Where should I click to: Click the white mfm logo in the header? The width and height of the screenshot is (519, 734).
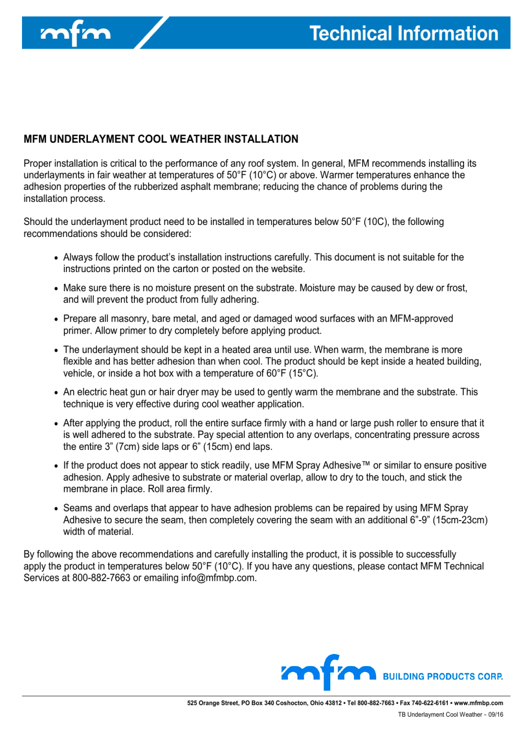click(x=76, y=33)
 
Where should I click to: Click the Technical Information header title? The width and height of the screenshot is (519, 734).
click(x=403, y=33)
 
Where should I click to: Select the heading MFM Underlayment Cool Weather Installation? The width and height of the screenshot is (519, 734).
click(x=161, y=139)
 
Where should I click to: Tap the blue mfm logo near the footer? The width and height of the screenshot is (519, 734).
click(x=329, y=672)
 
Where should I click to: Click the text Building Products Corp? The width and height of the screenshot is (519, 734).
click(x=443, y=676)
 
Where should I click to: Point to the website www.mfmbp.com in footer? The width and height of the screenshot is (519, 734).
click(x=478, y=703)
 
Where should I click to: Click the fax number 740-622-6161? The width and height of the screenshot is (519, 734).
click(x=430, y=703)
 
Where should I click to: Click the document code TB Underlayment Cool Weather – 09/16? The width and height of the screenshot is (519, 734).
click(x=450, y=715)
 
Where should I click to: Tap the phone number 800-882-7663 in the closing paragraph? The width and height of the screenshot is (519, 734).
click(x=101, y=578)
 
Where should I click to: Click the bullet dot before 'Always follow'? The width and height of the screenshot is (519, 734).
click(x=57, y=258)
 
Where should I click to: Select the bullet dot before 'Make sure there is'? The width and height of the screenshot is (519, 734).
click(x=57, y=289)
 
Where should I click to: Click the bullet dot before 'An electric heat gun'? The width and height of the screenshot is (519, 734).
click(x=57, y=393)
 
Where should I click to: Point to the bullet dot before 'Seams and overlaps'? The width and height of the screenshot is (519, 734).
click(x=57, y=509)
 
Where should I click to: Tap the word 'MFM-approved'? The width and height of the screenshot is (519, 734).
click(x=421, y=319)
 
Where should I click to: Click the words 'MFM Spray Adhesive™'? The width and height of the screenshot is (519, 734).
click(x=321, y=466)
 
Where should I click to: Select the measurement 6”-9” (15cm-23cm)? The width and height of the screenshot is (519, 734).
click(x=448, y=520)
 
